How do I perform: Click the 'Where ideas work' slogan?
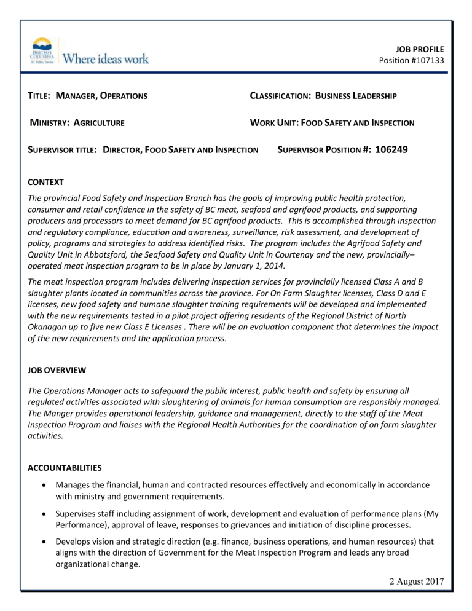point(106,59)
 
